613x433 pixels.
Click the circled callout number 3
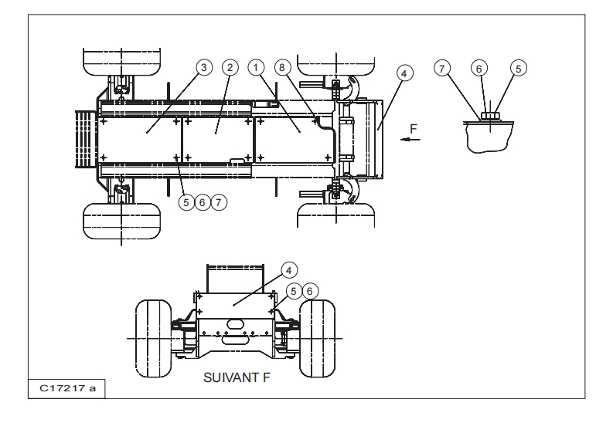(x=203, y=68)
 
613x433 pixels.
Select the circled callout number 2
(x=229, y=68)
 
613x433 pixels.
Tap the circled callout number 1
(x=256, y=68)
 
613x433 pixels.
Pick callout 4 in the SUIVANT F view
(x=287, y=270)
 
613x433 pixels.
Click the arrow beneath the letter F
(x=411, y=140)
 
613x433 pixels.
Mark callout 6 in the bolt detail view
(x=480, y=69)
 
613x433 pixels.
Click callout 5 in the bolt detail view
(x=519, y=68)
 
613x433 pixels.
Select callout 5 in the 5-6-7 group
(x=186, y=201)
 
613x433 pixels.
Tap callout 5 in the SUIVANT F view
(x=295, y=292)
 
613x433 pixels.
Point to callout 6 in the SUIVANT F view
(x=311, y=292)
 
